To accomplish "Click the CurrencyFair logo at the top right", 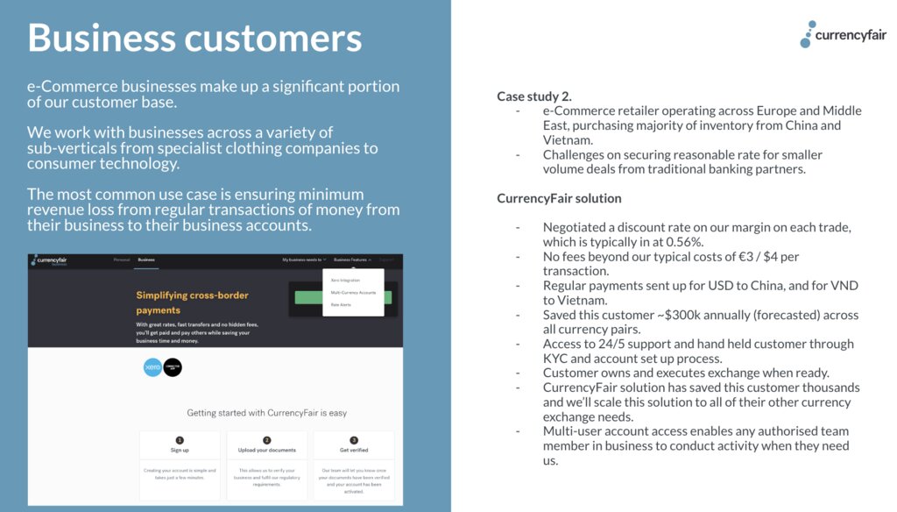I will pos(842,35).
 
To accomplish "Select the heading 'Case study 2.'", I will pos(534,96).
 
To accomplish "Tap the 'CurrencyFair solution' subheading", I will pos(559,198).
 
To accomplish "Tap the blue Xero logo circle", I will pos(153,368).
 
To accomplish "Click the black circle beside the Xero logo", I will pos(173,368).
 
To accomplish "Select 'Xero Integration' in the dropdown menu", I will pos(345,281).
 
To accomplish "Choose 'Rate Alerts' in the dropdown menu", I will pos(341,304).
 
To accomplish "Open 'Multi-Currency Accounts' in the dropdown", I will pos(353,292).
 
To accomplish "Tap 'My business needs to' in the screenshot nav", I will pos(303,260).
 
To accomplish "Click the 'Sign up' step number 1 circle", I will pos(180,440).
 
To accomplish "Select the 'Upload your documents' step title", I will pos(266,451).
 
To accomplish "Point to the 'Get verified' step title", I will pos(353,451).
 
